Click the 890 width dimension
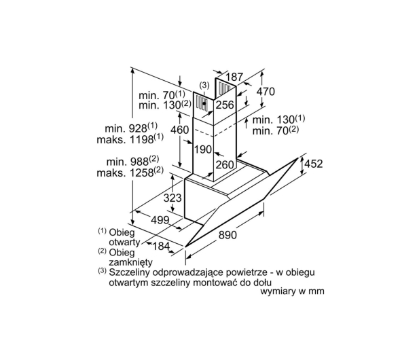click(227, 235)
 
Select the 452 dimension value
click(314, 164)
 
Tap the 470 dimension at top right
click(266, 92)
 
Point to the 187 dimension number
click(234, 77)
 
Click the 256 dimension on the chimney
click(225, 105)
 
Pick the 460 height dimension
click(179, 130)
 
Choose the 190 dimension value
click(203, 149)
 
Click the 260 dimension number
click(225, 165)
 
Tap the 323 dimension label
click(172, 198)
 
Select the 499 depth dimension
click(160, 220)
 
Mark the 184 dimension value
click(161, 246)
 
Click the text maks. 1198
click(130, 139)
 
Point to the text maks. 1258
click(130, 172)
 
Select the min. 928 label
click(131, 128)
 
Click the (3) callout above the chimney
click(204, 86)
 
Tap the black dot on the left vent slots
click(204, 103)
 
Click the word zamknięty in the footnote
click(130, 262)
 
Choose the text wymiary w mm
click(292, 291)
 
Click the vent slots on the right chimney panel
click(225, 88)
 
